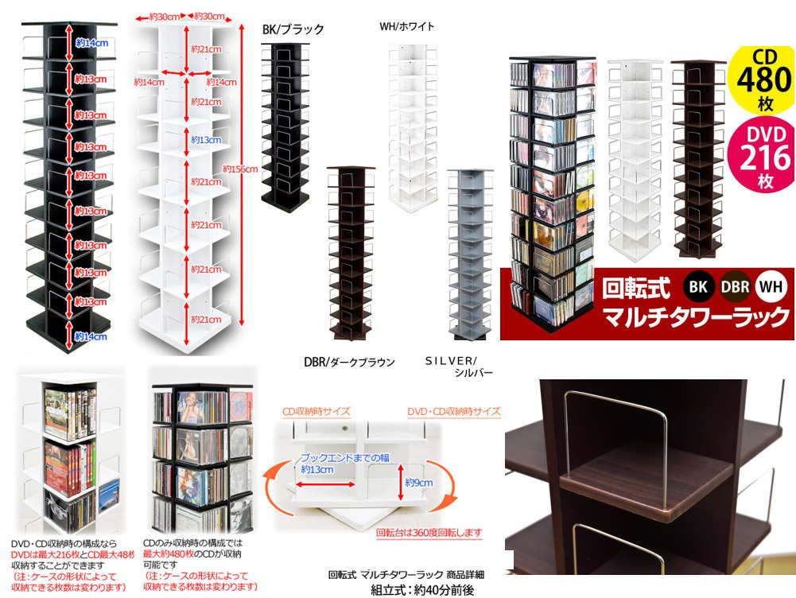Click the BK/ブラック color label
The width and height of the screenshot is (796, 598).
[293, 29]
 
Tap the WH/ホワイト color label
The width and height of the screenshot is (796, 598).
[407, 26]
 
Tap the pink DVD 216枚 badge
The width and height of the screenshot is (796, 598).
[762, 154]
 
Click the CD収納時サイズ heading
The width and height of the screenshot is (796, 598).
[316, 412]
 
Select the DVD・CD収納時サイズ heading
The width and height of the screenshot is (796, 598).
[453, 412]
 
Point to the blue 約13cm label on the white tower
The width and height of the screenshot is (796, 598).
[206, 140]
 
